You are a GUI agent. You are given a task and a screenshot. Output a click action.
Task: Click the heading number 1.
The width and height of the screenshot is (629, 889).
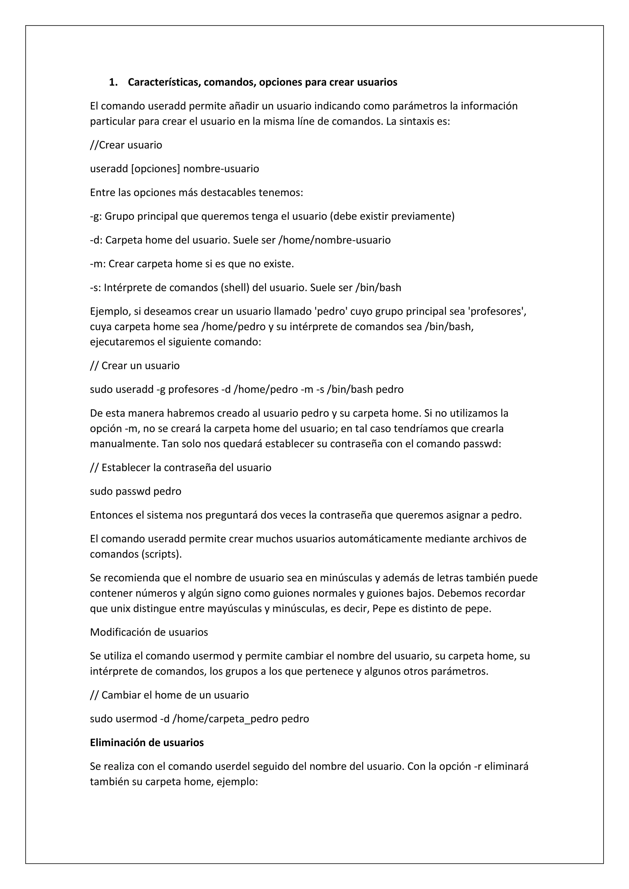coord(113,83)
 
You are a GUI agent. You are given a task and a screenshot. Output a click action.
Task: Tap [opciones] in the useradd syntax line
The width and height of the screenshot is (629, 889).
coord(156,169)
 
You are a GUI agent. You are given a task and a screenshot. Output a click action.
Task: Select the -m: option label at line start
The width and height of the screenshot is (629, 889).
coord(98,264)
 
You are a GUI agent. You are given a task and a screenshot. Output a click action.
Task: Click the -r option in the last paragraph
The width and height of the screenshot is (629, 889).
coord(478,766)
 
